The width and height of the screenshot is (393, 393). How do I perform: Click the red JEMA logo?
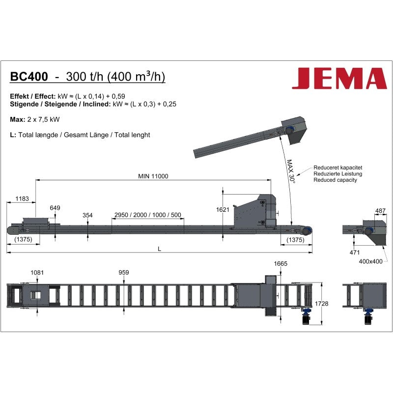click(339, 78)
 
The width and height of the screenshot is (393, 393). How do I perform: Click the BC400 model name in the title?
click(29, 77)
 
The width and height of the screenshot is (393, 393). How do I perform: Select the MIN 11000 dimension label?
click(153, 176)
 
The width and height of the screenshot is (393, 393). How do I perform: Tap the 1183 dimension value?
click(22, 199)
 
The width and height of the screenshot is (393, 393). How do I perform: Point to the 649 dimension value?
click(55, 208)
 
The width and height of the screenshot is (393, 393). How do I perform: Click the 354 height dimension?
click(87, 215)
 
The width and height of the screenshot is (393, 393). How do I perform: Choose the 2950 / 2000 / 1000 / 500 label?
click(148, 215)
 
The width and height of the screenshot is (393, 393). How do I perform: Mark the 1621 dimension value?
click(223, 210)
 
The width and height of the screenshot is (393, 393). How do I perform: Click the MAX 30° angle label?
click(290, 171)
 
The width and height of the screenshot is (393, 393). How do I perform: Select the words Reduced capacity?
click(335, 180)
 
